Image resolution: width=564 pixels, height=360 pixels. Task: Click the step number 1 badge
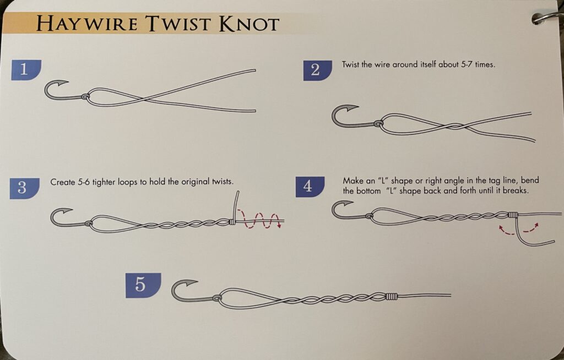pyautogui.click(x=25, y=70)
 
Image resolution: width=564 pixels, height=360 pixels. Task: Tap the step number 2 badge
pyautogui.click(x=317, y=70)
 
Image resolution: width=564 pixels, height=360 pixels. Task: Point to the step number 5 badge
pyautogui.click(x=143, y=285)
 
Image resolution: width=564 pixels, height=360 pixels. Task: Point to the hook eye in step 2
pyautogui.click(x=378, y=123)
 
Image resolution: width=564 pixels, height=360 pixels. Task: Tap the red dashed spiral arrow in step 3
pyautogui.click(x=259, y=219)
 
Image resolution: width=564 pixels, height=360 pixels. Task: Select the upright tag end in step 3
pyautogui.click(x=236, y=205)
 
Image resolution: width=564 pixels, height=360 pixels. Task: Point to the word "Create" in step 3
pyautogui.click(x=62, y=182)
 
